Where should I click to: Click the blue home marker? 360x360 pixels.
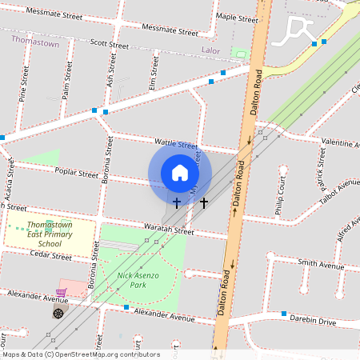click(x=179, y=173)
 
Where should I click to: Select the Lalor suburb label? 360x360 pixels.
click(x=210, y=50)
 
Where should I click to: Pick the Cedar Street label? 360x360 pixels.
click(x=50, y=257)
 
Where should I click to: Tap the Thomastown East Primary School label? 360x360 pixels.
click(x=49, y=234)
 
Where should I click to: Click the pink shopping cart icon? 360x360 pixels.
click(x=61, y=293)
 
